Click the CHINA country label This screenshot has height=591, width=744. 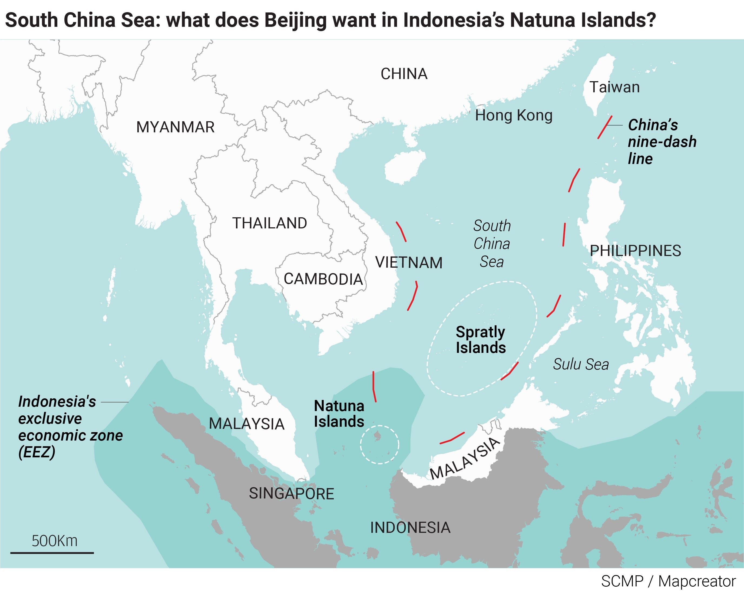404,74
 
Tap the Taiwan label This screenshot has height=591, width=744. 614,87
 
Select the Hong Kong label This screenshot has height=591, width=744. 514,115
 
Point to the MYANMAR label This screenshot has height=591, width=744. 175,127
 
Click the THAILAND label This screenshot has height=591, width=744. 270,223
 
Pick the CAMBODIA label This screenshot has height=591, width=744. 323,279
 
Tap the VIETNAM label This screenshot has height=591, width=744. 409,262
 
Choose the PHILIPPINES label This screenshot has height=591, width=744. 635,251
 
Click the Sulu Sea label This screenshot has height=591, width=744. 581,364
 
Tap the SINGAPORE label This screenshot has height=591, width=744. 291,493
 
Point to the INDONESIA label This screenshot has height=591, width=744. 410,527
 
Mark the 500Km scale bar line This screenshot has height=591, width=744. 52,553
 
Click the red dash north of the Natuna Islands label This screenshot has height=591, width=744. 374,387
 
